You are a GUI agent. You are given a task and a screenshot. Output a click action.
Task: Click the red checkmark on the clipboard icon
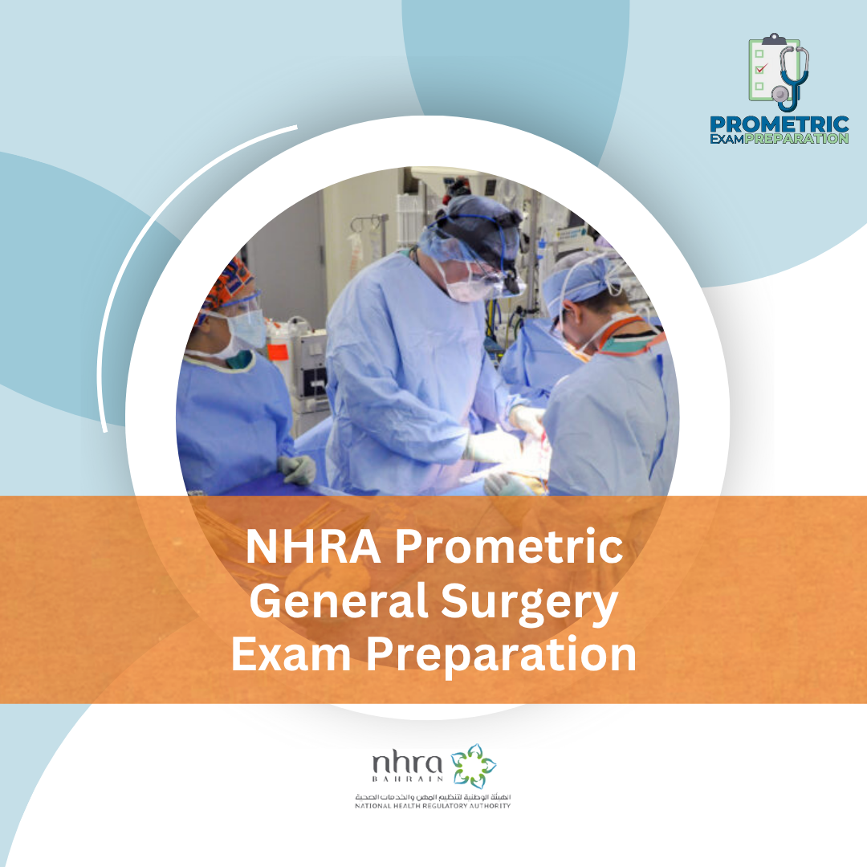(x=761, y=69)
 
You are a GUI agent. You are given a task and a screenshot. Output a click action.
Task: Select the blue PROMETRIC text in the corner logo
(x=779, y=124)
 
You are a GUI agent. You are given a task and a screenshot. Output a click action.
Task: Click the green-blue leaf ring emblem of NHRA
(x=474, y=765)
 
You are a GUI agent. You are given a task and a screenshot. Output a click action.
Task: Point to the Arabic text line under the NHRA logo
(x=433, y=796)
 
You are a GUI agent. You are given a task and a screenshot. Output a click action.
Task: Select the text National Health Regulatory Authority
(x=433, y=805)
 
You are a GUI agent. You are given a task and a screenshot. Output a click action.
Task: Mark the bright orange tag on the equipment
(x=278, y=350)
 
